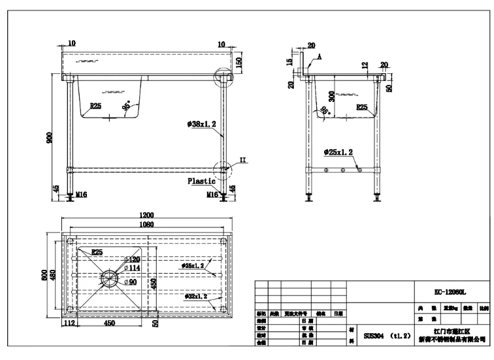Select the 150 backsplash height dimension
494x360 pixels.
[239, 63]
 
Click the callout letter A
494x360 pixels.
[321, 57]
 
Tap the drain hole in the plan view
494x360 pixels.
[109, 277]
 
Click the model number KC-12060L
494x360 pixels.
[453, 292]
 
